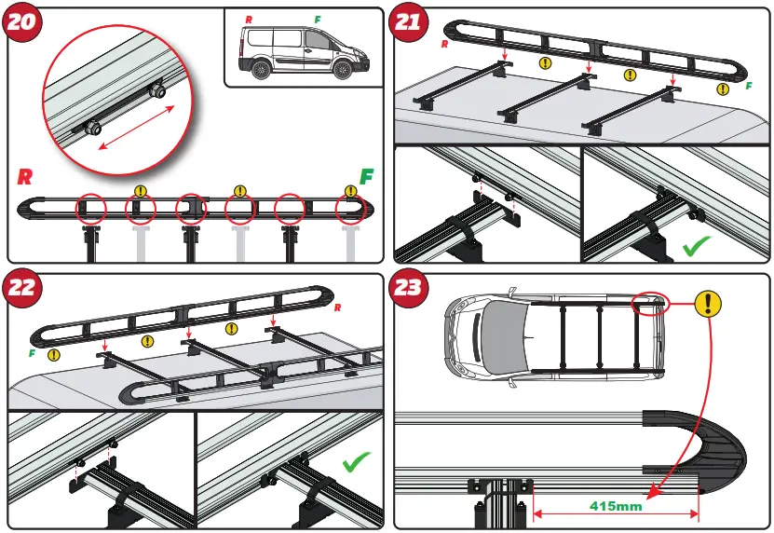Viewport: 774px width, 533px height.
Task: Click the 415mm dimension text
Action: tap(617, 507)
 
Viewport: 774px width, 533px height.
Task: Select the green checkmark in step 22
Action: tap(356, 463)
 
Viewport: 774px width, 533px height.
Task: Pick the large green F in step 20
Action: tap(368, 176)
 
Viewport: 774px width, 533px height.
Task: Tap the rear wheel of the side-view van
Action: tap(262, 71)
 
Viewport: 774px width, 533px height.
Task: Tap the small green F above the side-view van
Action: tap(318, 20)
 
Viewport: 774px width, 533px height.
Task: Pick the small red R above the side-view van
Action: tap(249, 20)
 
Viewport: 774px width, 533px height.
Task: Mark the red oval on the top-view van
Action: tap(648, 302)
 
